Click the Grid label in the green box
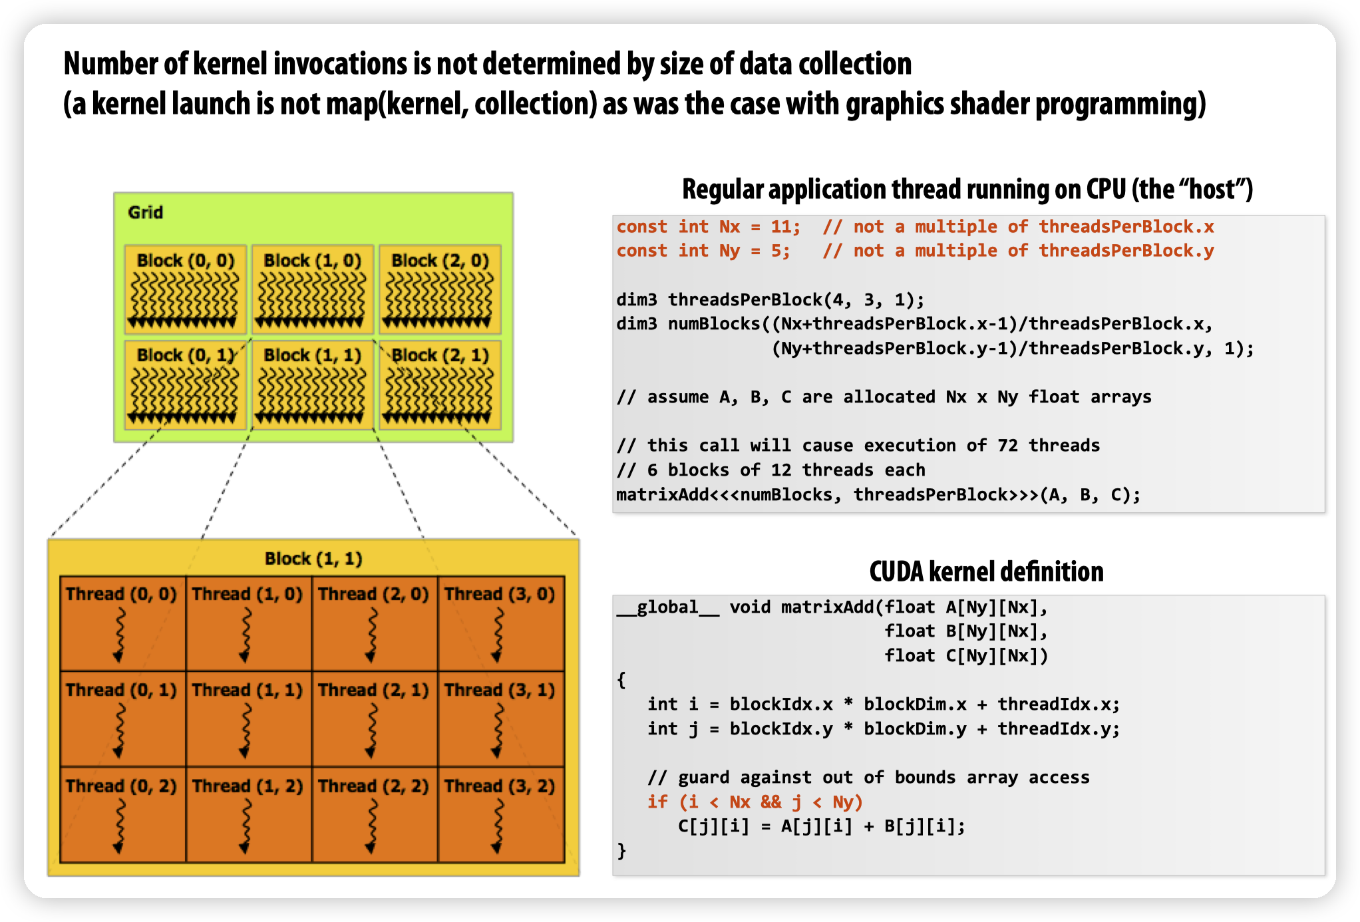[x=145, y=212]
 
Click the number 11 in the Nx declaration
[x=780, y=227]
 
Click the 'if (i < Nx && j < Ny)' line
[x=755, y=802]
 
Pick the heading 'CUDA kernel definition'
[x=986, y=572]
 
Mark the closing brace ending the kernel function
[x=621, y=851]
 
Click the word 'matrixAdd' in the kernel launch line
[x=662, y=495]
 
